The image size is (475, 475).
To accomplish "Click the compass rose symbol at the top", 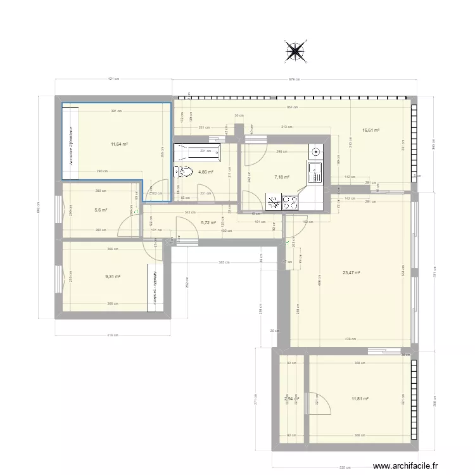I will tap(294, 51).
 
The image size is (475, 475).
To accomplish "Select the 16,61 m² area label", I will tap(370, 131).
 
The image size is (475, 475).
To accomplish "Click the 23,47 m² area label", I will tap(351, 273).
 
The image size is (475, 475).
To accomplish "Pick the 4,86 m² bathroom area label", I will tap(206, 172).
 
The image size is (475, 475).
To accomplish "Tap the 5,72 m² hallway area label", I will tap(208, 222).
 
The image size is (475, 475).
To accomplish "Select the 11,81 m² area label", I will tap(360, 399).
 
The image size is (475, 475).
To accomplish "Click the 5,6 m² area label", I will tap(101, 210).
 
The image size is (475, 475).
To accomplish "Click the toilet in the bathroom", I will tap(184, 171).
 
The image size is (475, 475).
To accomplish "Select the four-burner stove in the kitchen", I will tap(291, 203).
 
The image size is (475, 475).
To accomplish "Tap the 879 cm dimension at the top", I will tap(294, 80).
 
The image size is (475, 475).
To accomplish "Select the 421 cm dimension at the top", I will tap(113, 80).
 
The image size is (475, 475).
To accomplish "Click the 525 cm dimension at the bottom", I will tap(345, 468).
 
